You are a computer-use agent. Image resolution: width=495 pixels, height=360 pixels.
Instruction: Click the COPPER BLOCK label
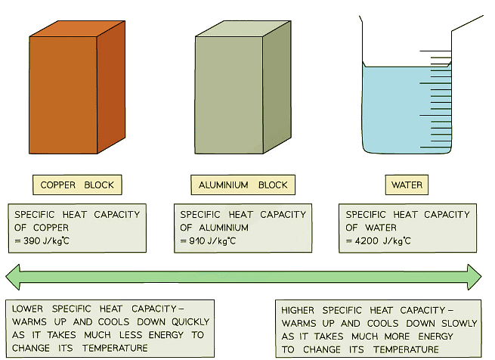pos(77,185)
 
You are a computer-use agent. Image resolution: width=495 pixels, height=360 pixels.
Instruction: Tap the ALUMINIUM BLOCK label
pos(243,185)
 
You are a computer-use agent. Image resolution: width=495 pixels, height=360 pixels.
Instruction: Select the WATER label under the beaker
pos(407,185)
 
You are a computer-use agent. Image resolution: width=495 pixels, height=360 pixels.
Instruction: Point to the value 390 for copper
pos(32,241)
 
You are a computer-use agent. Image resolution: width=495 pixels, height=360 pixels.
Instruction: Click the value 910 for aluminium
pos(197,241)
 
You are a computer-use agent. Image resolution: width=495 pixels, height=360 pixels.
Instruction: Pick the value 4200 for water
pos(367,241)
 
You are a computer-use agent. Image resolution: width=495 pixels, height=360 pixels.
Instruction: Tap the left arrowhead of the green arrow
pos(14,278)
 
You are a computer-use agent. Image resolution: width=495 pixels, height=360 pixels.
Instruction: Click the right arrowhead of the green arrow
pos(475,278)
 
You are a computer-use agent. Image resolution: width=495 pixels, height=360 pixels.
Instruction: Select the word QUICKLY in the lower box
pos(190,321)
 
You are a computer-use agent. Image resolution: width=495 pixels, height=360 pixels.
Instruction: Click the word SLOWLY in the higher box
pos(459,324)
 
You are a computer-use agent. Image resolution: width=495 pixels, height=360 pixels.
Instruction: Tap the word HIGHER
pos(298,310)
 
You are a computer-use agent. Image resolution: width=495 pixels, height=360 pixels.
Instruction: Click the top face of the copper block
pos(77,29)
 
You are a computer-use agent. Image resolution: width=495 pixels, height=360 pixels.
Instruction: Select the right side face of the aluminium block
pos(277,87)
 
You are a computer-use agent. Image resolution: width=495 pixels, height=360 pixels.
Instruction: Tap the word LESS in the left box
pos(131,335)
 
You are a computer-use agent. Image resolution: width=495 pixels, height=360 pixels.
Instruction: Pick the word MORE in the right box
pos(397,337)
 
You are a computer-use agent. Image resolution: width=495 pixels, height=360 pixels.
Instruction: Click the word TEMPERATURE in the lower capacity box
pos(115,349)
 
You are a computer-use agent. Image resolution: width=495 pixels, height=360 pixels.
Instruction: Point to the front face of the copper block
pos(63,95)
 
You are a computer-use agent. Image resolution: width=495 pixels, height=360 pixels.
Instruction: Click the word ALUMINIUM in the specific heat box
pos(224,228)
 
